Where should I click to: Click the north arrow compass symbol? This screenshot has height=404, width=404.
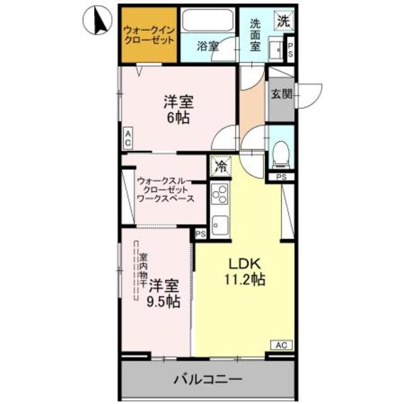[96, 21]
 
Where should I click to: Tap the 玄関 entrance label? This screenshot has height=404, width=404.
[281, 95]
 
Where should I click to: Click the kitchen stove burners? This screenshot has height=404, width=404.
[220, 193]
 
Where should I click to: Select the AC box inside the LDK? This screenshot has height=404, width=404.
[282, 345]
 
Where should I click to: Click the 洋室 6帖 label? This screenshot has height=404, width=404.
[179, 109]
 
